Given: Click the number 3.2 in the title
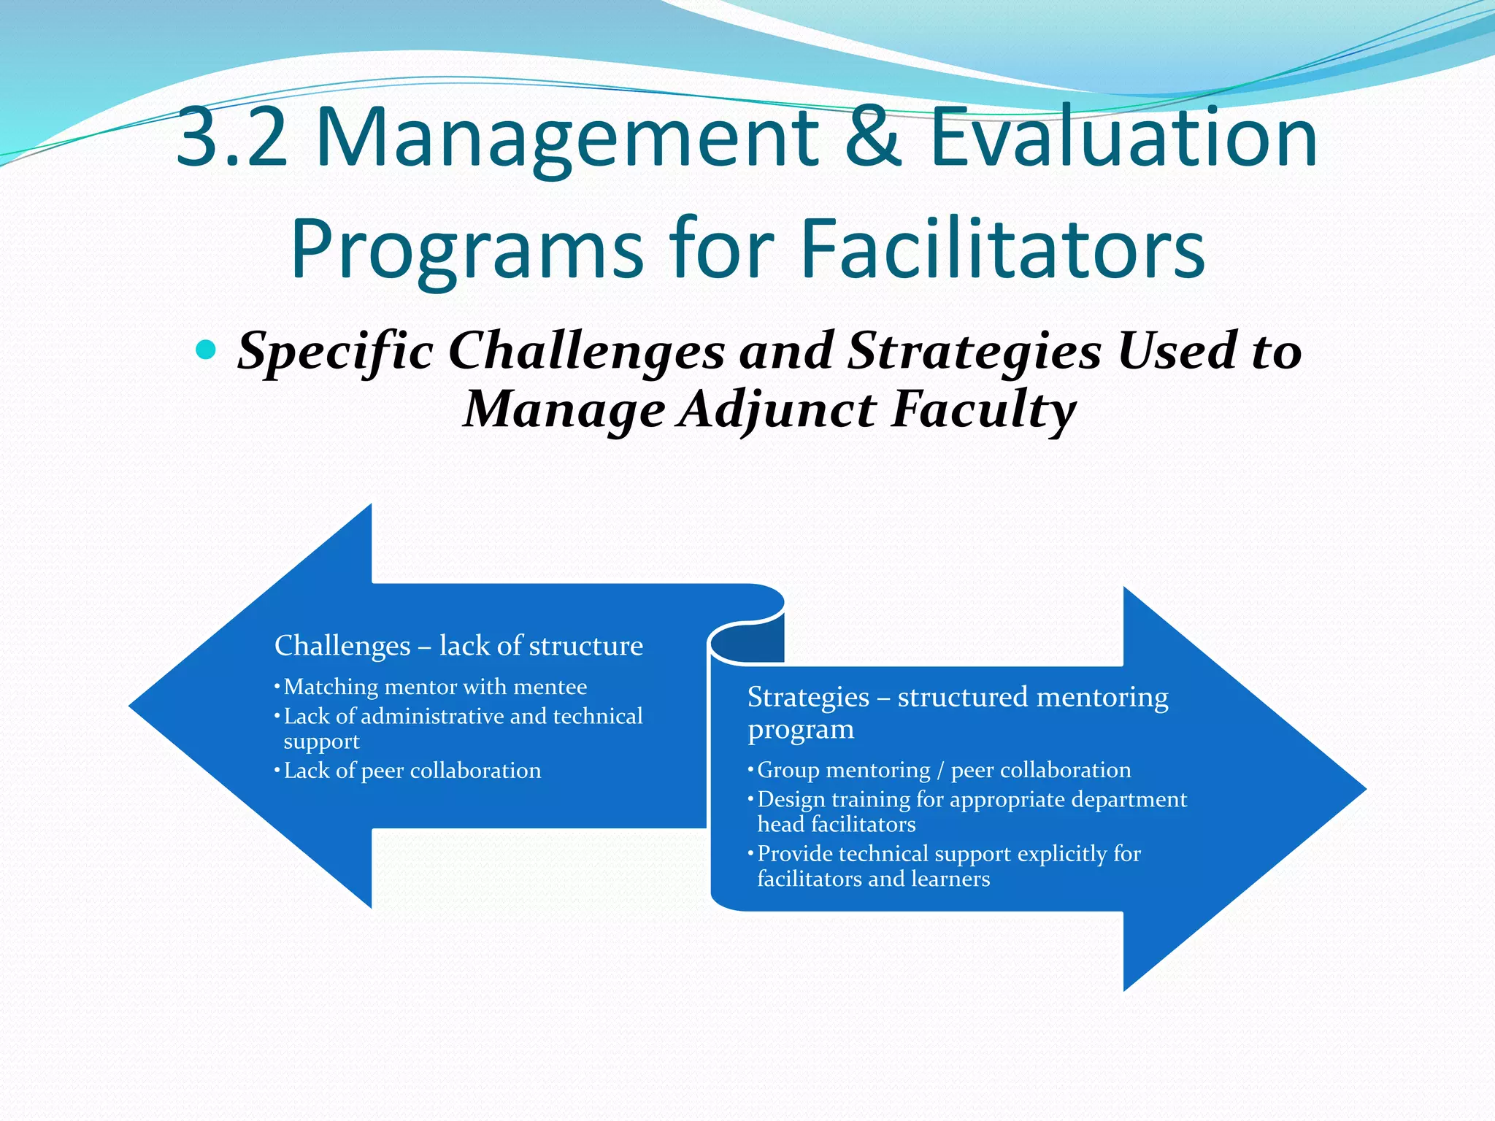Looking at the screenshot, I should click(x=232, y=137).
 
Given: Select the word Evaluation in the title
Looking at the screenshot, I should click(x=1123, y=137).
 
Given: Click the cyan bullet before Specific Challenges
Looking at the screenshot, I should click(x=207, y=351).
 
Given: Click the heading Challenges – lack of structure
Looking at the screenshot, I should click(x=458, y=646).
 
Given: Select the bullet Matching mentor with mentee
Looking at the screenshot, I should click(x=435, y=687).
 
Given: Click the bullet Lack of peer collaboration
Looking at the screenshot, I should click(x=412, y=771).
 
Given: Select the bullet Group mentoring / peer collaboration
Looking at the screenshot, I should click(x=944, y=770).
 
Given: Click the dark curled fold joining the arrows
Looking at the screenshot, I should click(x=747, y=640).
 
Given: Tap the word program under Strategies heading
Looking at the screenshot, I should click(x=801, y=729).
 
